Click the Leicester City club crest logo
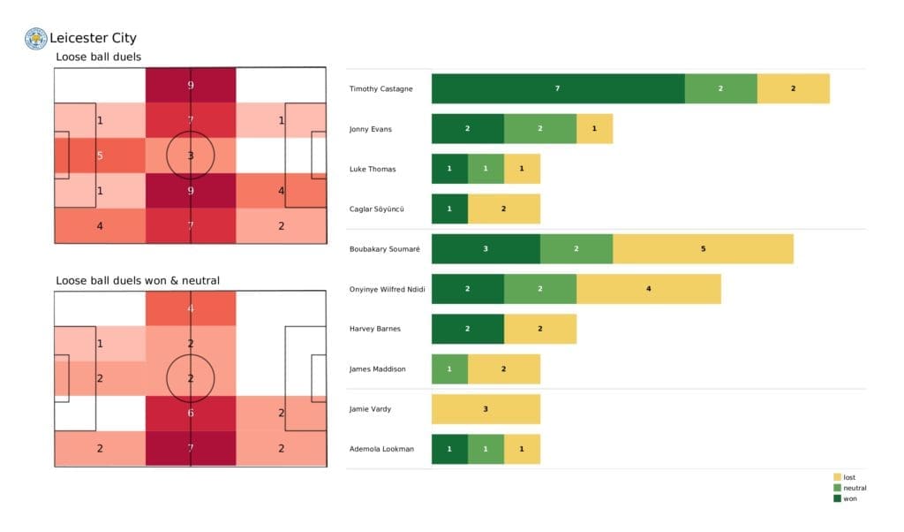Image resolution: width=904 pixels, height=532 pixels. tap(35, 38)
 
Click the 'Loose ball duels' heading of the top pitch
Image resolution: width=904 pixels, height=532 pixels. tap(98, 57)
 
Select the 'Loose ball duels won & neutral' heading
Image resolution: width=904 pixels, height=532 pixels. tap(138, 280)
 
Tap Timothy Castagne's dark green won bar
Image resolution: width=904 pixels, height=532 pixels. tap(558, 88)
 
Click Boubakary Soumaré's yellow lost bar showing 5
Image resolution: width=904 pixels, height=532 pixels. tap(703, 248)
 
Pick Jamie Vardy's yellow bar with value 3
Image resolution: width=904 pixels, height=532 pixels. tap(486, 409)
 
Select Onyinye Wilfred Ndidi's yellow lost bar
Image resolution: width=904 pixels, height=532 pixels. tap(648, 289)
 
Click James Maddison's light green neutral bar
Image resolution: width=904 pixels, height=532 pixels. tap(449, 369)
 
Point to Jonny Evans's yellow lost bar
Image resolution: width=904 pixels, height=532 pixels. tap(594, 129)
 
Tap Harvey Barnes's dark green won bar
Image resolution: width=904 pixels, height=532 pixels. tap(467, 329)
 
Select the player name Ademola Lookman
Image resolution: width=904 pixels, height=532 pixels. tap(381, 449)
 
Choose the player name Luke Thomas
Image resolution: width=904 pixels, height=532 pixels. tap(373, 169)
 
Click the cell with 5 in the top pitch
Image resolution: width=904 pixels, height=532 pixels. tap(100, 156)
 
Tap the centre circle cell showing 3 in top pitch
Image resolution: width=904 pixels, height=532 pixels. tap(191, 156)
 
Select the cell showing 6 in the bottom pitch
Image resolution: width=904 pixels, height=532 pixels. tap(191, 413)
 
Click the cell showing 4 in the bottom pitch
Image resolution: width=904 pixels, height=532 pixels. tap(191, 308)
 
